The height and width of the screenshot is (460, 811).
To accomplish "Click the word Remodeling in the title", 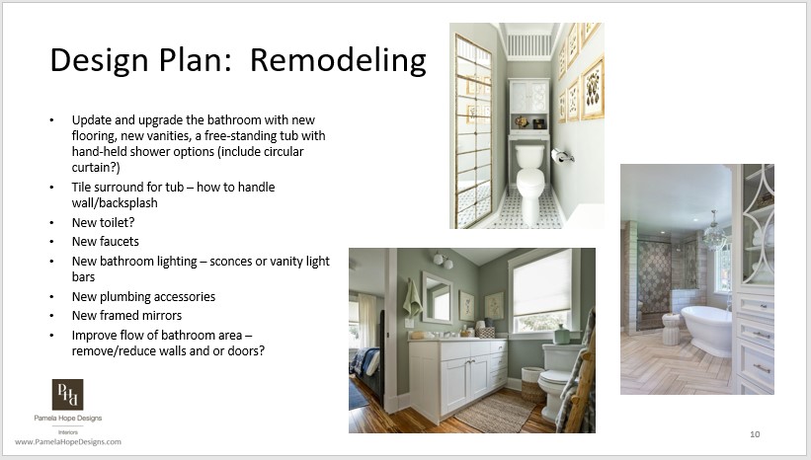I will [x=338, y=60].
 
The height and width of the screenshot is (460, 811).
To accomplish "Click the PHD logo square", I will [x=67, y=395].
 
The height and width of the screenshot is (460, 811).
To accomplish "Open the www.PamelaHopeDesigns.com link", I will [x=68, y=441].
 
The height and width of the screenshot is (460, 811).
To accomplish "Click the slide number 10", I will [x=755, y=434].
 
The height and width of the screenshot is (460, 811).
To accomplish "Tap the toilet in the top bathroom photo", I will [x=530, y=174].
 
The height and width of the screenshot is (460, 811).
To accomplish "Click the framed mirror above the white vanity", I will [x=436, y=296].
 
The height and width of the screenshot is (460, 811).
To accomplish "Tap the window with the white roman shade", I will [x=541, y=293].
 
